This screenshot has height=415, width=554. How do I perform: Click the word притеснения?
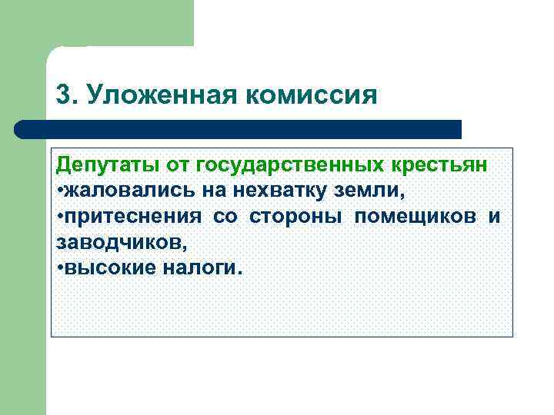point(133,216)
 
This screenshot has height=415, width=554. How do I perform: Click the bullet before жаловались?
point(60,191)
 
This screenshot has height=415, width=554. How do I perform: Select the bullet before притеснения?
point(60,217)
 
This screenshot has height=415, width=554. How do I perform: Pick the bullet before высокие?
point(60,268)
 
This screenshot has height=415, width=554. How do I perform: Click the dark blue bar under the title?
point(239,129)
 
